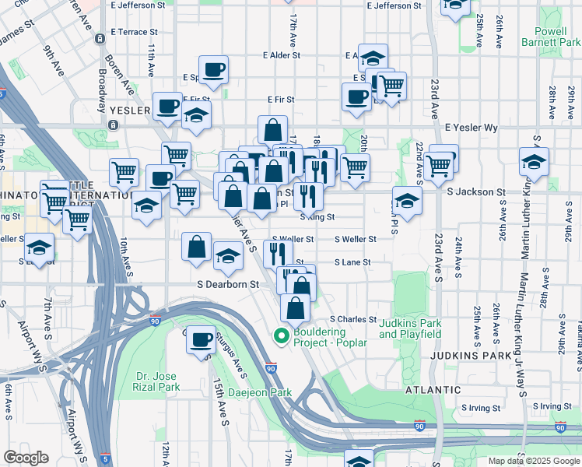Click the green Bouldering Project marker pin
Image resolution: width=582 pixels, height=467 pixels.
pyautogui.click(x=281, y=336)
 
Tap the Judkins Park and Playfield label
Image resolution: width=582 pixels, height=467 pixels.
pyautogui.click(x=410, y=328)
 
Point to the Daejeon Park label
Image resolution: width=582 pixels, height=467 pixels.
pyautogui.click(x=260, y=392)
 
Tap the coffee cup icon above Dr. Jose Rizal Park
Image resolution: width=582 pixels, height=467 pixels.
pyautogui.click(x=202, y=339)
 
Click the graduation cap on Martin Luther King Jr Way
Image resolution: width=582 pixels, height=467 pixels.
pyautogui.click(x=535, y=163)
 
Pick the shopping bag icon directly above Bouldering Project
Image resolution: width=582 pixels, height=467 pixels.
pyautogui.click(x=296, y=307)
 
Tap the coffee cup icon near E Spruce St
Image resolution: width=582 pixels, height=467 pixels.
pyautogui.click(x=213, y=70)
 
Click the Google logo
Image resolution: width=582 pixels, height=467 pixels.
pyautogui.click(x=26, y=458)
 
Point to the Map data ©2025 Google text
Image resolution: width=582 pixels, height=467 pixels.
pyautogui.click(x=533, y=461)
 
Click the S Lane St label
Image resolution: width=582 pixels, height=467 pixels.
pyautogui.click(x=352, y=263)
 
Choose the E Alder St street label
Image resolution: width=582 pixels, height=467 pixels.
pyautogui.click(x=282, y=55)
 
